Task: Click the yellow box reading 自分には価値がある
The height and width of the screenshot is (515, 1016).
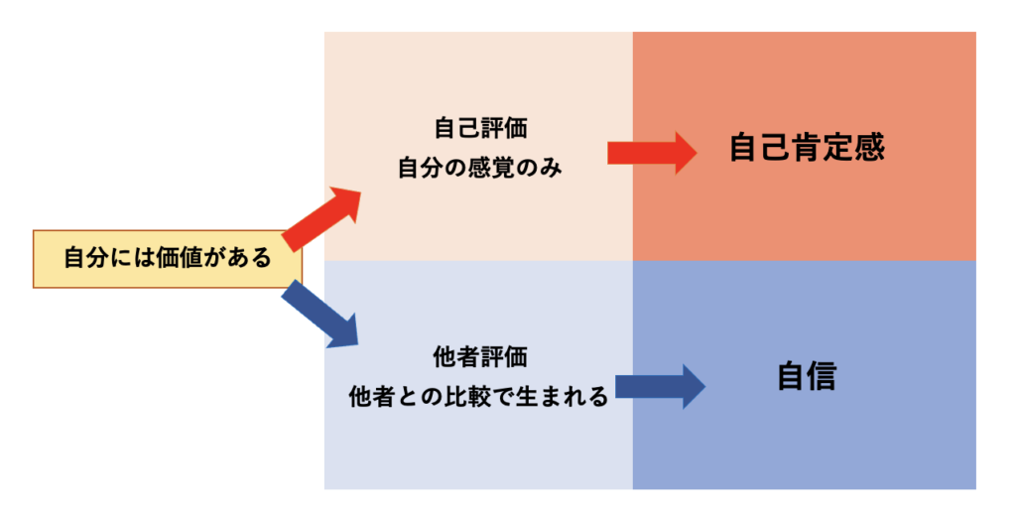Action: (167, 259)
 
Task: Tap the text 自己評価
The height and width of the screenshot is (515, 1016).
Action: (479, 129)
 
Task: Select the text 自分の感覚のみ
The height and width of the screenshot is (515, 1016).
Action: (479, 168)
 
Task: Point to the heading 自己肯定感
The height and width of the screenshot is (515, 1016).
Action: (806, 148)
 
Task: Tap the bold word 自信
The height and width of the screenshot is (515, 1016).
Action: (806, 377)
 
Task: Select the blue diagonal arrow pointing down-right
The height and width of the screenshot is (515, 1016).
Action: (319, 314)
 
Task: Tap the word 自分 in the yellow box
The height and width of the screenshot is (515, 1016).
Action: (84, 259)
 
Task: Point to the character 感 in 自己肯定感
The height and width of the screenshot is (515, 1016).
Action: (868, 148)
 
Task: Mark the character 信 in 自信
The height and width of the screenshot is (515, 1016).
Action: (822, 377)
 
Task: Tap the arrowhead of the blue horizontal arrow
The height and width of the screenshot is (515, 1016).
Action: (691, 385)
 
